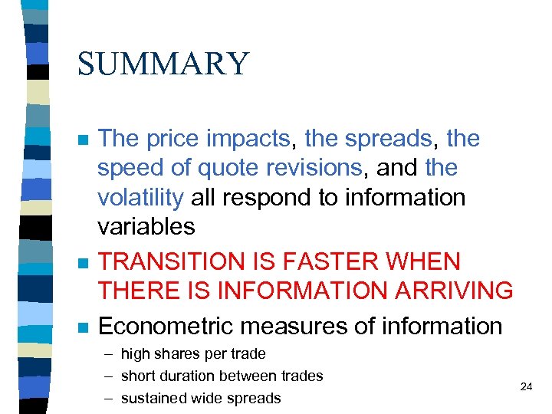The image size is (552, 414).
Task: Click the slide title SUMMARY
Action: click(163, 64)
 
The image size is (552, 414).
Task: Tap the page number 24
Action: click(526, 387)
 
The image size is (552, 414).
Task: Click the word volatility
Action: click(140, 197)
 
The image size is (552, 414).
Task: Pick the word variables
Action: click(146, 226)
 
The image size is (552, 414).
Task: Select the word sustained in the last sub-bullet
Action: click(154, 398)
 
